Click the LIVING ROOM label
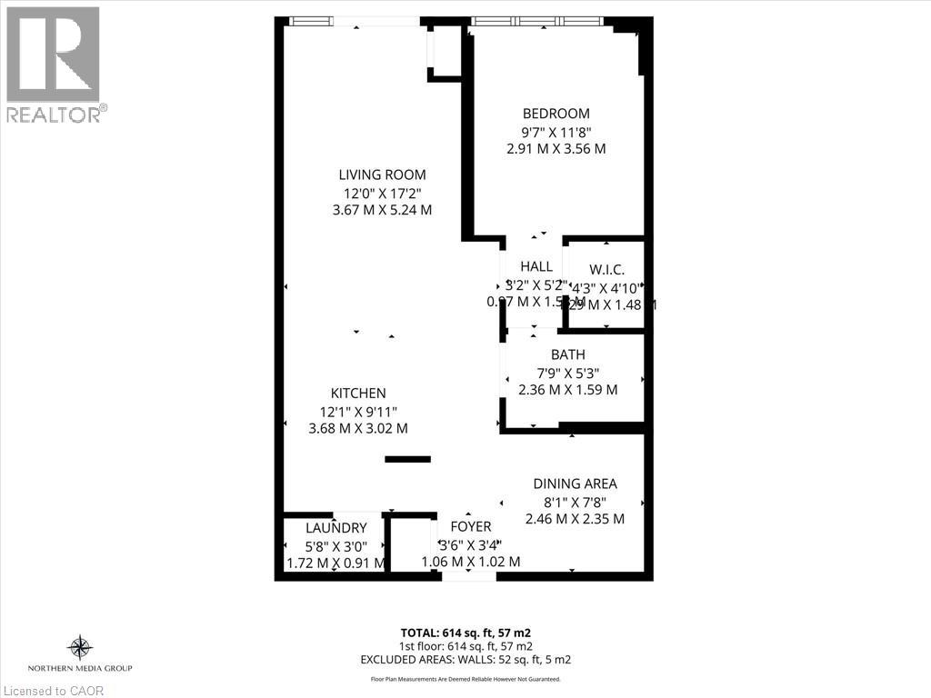(x=382, y=174)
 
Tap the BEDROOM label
(x=556, y=114)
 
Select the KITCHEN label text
(x=358, y=393)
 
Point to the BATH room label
(x=567, y=354)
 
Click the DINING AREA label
(x=575, y=484)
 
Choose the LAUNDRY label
(x=336, y=527)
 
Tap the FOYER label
(x=471, y=526)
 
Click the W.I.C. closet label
(x=606, y=269)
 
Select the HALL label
(x=536, y=266)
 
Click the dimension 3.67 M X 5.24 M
(x=382, y=209)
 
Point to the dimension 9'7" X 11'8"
(x=556, y=131)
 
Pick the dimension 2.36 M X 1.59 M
(x=567, y=389)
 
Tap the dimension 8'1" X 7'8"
(x=575, y=501)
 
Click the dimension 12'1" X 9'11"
(x=358, y=410)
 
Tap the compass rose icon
(x=80, y=647)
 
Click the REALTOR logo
(x=54, y=64)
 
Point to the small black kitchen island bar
(x=407, y=459)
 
